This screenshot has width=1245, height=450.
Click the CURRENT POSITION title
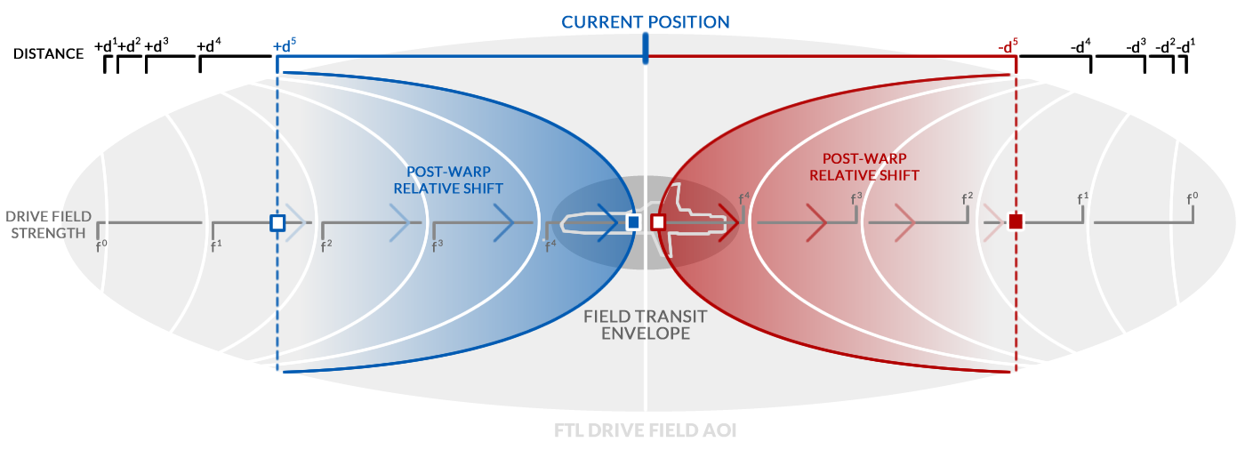click(646, 21)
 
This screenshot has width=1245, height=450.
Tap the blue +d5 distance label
click(285, 45)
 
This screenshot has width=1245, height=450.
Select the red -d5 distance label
click(1008, 45)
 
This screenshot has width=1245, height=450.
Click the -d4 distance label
click(1081, 45)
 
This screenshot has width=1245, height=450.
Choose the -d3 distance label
click(1136, 45)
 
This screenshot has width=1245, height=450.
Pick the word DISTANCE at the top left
click(48, 53)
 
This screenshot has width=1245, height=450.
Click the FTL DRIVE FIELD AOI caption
click(645, 430)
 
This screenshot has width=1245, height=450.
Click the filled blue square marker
click(633, 222)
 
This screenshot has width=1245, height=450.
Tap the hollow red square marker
click(658, 222)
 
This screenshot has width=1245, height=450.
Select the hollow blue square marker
click(277, 222)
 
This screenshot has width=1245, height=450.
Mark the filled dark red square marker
click(1016, 221)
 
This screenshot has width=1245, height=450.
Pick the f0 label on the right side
click(1193, 198)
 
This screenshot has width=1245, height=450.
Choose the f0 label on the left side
click(101, 244)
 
